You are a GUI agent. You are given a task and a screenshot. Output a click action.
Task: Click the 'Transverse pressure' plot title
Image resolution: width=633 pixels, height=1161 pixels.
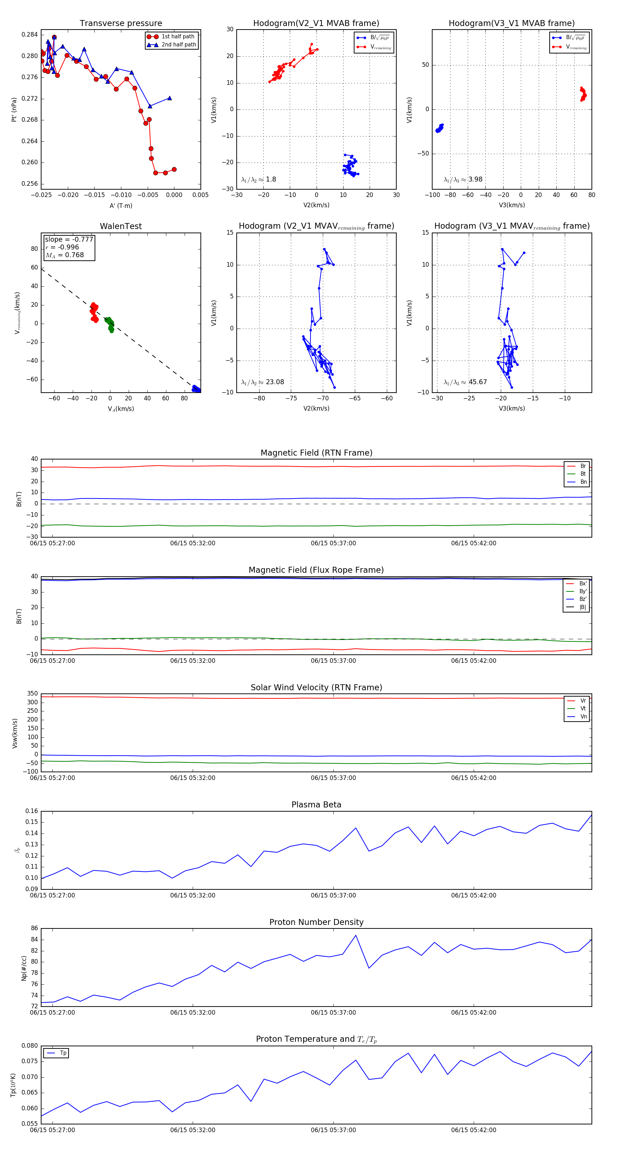[121, 24]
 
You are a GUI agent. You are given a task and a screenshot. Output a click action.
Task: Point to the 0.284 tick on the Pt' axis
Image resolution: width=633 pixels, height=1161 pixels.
[30, 35]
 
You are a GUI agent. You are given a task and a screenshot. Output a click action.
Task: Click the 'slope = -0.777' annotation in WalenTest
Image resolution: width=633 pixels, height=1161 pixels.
[69, 239]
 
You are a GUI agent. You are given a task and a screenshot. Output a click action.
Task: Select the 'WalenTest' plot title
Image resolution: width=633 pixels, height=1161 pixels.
[121, 226]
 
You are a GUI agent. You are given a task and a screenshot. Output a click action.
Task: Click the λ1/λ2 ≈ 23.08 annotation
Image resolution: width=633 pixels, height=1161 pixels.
[263, 382]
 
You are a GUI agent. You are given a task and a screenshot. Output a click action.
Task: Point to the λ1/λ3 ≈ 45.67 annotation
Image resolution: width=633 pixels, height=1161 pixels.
[465, 382]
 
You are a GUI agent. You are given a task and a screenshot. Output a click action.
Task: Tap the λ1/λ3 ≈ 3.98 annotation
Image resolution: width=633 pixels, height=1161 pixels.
[463, 179]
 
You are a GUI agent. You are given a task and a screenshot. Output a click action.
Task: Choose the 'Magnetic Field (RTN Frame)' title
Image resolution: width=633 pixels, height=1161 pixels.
[316, 453]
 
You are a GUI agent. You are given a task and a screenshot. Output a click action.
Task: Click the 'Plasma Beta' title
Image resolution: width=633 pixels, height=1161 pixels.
[316, 805]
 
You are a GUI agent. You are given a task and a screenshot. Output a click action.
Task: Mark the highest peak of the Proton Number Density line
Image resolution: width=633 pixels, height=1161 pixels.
[356, 935]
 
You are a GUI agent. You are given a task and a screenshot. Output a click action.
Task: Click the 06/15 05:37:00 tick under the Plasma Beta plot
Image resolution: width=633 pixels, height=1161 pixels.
[333, 895]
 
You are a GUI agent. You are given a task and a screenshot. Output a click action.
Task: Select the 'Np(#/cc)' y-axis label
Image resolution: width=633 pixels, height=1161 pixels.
[24, 968]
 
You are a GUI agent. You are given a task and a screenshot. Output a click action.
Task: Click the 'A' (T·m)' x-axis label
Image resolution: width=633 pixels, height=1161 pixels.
[121, 205]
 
